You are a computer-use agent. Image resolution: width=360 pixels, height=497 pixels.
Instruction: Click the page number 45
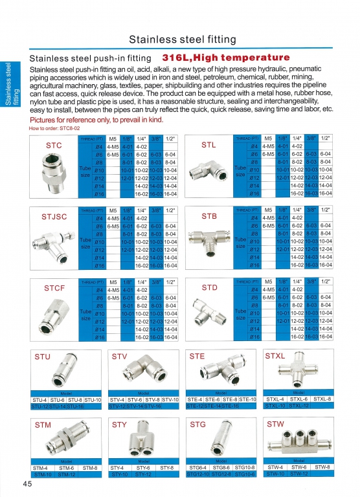[x=28, y=483]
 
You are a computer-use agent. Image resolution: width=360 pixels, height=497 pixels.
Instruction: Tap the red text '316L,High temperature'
[x=226, y=58]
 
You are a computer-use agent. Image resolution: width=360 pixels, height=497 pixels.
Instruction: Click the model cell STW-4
[x=275, y=467]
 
